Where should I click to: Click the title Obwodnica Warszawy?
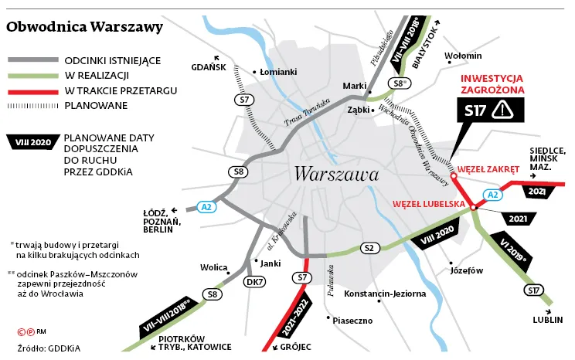coord(84,27)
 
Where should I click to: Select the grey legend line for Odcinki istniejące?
coord(32,60)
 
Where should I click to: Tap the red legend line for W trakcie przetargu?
coord(32,90)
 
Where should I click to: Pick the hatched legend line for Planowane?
coord(32,105)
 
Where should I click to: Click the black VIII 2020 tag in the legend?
coord(32,141)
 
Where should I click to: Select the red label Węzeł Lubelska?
coord(427,204)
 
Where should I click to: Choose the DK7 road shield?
coord(254,282)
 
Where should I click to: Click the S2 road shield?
coord(369,247)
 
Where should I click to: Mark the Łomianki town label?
coord(278,72)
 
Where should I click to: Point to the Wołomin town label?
coord(464,56)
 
